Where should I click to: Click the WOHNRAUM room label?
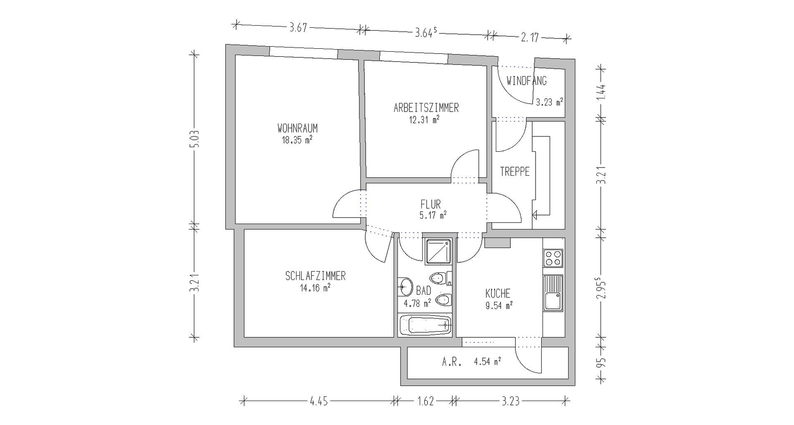[x=297, y=128]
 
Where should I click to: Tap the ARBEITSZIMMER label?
[x=426, y=108]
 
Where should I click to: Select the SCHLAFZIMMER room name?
[x=315, y=276]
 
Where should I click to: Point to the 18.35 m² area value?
[x=297, y=140]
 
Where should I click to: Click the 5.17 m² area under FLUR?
[x=433, y=215]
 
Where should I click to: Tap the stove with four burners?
[x=553, y=258]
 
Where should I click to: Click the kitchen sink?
[x=553, y=293]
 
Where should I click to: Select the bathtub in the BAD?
[x=426, y=325]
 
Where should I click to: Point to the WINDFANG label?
[x=526, y=81]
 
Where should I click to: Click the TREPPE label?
[x=515, y=172]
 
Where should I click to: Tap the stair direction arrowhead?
[x=535, y=215]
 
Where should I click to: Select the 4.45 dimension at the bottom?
[x=318, y=401]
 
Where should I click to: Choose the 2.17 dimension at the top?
[x=530, y=38]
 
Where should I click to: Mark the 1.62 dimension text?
[x=425, y=401]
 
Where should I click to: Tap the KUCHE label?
[x=498, y=294]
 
